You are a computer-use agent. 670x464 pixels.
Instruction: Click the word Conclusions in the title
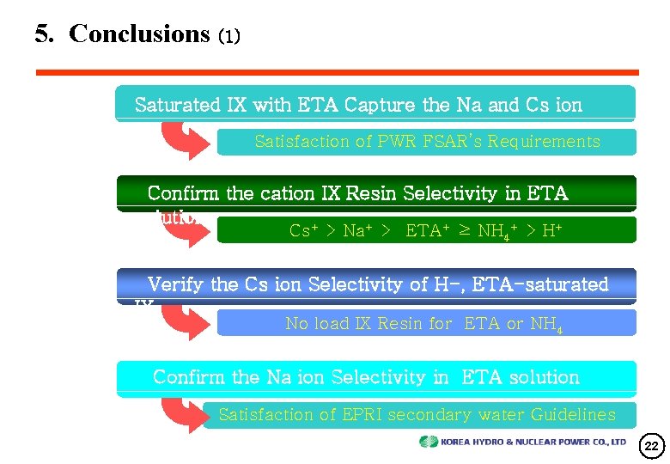click(x=139, y=34)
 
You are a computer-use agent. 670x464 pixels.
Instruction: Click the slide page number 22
click(x=651, y=446)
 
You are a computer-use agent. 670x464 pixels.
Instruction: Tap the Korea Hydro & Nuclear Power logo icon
click(x=429, y=442)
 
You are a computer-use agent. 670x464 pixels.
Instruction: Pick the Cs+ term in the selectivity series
click(x=300, y=230)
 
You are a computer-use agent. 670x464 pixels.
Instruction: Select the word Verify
click(x=176, y=284)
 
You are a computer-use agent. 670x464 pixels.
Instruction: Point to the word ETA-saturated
click(x=546, y=284)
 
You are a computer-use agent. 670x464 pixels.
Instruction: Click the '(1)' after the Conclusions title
click(x=229, y=36)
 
